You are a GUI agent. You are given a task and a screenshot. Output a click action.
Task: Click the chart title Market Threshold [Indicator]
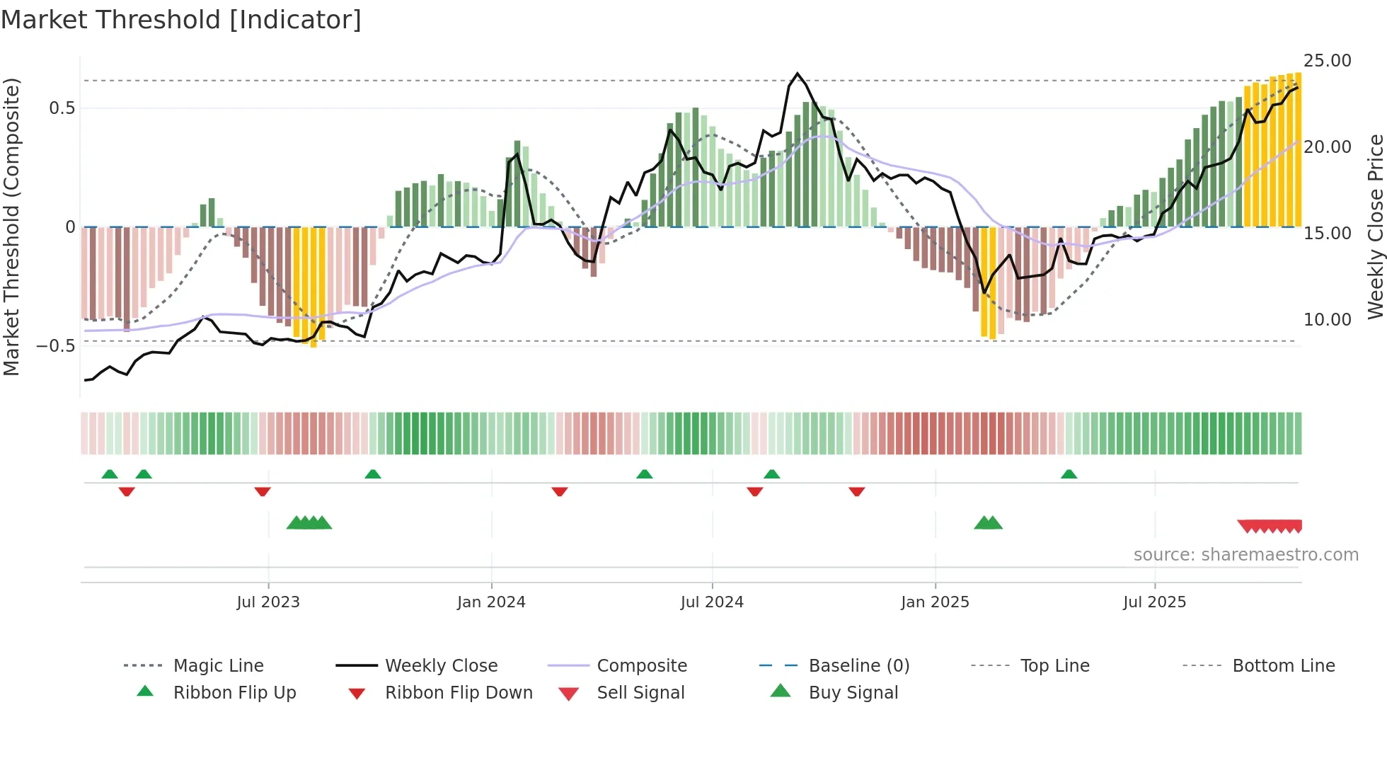point(181,20)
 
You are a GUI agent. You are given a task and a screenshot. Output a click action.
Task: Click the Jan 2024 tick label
point(491,602)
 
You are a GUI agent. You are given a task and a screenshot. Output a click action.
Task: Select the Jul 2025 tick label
point(1154,602)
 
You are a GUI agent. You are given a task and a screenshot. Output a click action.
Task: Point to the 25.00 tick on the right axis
point(1327,61)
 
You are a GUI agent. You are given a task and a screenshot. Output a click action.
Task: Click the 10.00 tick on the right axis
point(1327,320)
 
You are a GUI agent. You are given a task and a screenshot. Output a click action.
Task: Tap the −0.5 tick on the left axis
point(56,346)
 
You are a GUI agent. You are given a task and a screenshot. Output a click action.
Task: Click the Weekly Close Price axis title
point(1375,226)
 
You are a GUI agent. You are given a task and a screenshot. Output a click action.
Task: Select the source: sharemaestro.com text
point(1245,555)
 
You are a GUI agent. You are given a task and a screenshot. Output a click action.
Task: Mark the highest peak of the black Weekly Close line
point(798,74)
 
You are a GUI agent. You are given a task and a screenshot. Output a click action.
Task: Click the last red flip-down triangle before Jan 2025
point(857,491)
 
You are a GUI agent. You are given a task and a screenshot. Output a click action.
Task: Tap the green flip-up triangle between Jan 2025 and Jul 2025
point(1069,474)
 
